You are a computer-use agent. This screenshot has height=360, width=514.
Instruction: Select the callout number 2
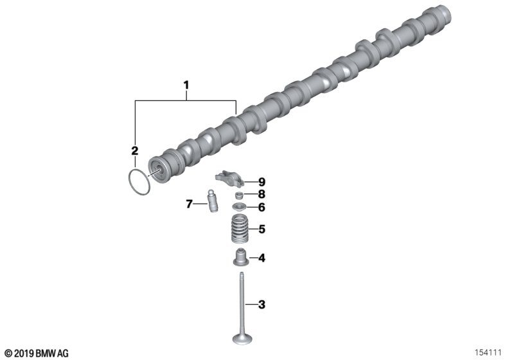point(134,151)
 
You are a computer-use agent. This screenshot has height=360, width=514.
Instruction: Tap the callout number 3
point(261,305)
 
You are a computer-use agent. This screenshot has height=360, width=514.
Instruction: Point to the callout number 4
point(261,258)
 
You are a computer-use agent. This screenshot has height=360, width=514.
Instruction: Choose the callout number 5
point(261,230)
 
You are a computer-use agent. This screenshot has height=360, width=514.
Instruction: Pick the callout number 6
point(261,207)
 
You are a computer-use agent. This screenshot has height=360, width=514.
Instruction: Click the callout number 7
point(189,204)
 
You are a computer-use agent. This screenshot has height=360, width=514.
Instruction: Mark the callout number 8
point(261,194)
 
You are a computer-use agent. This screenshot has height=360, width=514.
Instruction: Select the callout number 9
point(261,182)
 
